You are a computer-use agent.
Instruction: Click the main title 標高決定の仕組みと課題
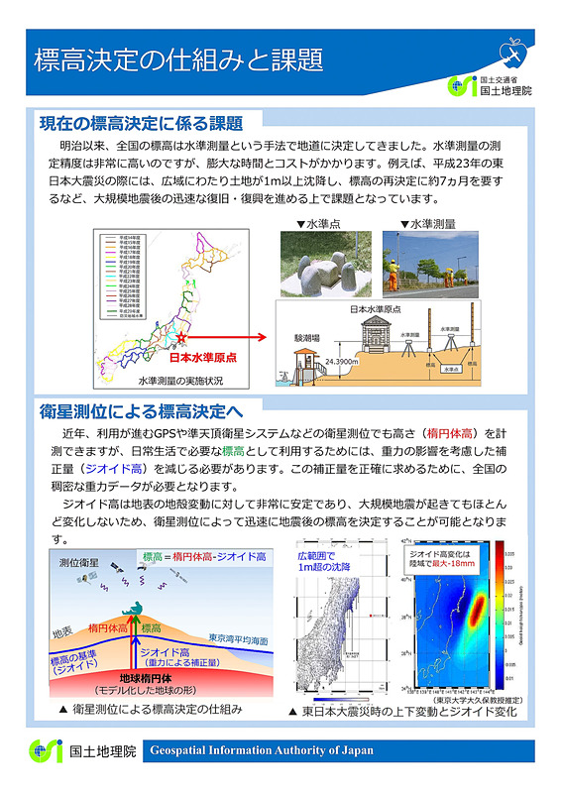point(178,59)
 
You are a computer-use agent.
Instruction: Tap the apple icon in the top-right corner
point(511,48)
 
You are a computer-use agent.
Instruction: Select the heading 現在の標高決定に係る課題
point(141,124)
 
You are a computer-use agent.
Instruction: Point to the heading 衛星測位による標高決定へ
point(141,409)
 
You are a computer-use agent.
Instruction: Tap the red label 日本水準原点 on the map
point(202,359)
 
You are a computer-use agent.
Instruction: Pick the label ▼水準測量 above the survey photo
point(427,224)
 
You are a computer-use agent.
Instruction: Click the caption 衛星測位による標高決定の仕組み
point(152,710)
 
